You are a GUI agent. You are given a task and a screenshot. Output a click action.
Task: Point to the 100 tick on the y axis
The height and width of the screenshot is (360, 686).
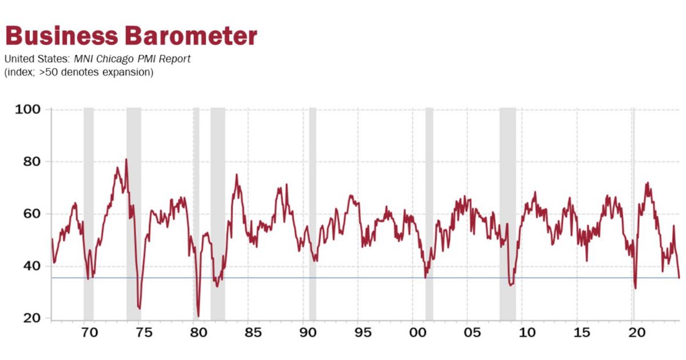[x=27, y=109]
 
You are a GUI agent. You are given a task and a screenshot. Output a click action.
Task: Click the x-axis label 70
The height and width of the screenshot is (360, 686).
[x=89, y=333]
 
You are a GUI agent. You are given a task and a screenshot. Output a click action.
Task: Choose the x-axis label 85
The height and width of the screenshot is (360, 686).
[x=254, y=333]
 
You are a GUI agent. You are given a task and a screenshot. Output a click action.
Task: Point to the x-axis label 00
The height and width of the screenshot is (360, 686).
[x=418, y=333]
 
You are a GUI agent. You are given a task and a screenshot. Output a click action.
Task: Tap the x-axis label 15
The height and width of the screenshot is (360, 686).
[x=583, y=333]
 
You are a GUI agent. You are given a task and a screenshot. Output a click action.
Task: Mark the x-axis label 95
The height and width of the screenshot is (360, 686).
[x=363, y=333]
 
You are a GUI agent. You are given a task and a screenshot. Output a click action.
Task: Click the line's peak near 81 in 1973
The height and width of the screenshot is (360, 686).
[x=126, y=159]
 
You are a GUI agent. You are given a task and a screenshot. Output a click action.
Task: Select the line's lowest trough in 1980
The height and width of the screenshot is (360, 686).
[x=198, y=316]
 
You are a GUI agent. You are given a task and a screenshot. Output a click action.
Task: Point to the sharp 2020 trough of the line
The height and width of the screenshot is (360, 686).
[x=636, y=288]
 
